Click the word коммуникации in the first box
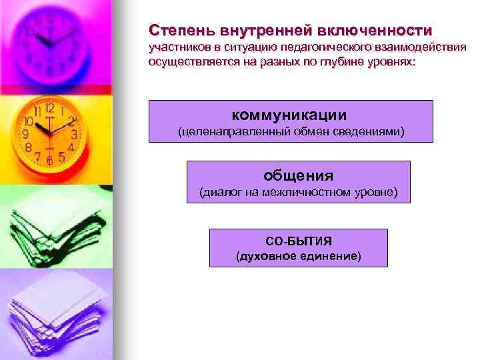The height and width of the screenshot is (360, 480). point(290,115)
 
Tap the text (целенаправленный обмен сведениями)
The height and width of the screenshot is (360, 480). point(290,131)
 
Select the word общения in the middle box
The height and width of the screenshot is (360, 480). point(298,176)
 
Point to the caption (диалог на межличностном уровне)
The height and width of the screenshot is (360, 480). point(299,193)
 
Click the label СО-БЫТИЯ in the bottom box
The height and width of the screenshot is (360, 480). point(299,240)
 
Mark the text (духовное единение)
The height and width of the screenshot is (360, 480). point(299,256)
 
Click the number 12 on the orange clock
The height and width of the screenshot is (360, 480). point(50,107)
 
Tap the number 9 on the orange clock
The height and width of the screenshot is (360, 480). point(26,134)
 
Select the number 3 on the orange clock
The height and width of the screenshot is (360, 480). point(74,134)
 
